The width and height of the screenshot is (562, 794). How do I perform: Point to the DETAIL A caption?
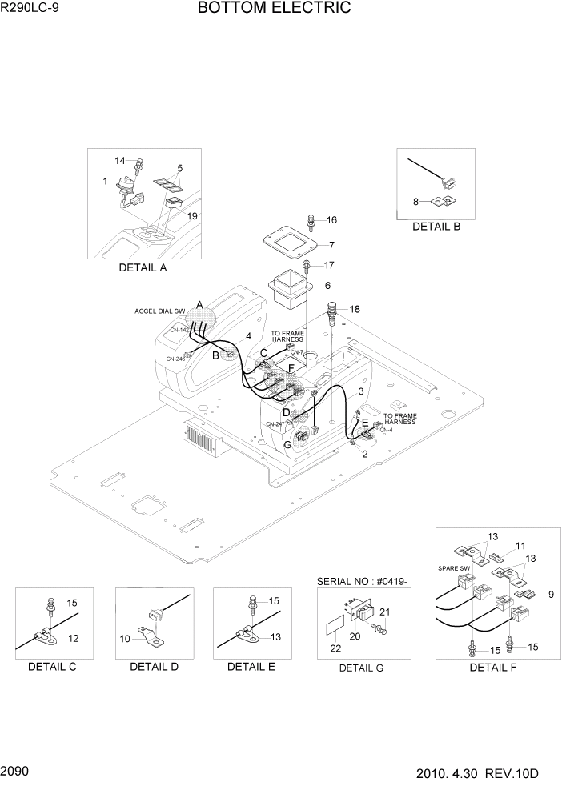(143, 267)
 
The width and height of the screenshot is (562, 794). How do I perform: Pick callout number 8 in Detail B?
(416, 202)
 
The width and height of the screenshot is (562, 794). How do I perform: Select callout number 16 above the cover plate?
(331, 220)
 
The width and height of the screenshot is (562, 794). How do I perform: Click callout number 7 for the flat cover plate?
(331, 245)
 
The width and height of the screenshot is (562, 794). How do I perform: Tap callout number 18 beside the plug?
(355, 309)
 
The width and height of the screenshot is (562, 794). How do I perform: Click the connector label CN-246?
(175, 359)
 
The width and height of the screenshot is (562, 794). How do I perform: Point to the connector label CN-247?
(275, 424)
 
